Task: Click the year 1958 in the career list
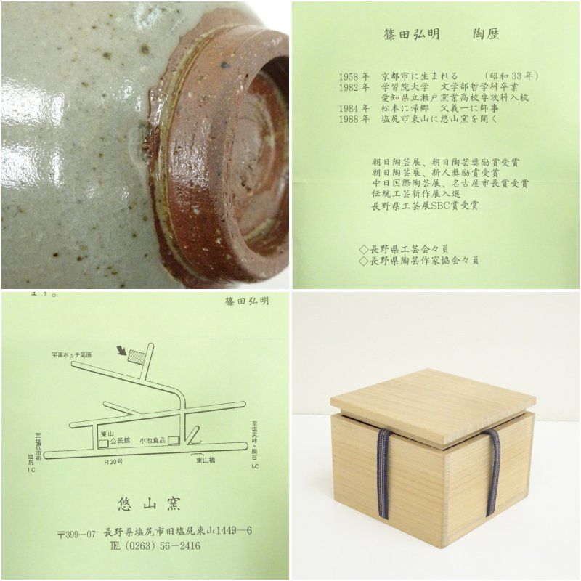coord(351,76)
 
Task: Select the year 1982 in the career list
coord(351,86)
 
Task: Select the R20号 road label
coord(113,460)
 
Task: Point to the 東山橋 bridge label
coord(205,458)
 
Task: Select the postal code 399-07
coord(76,532)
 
